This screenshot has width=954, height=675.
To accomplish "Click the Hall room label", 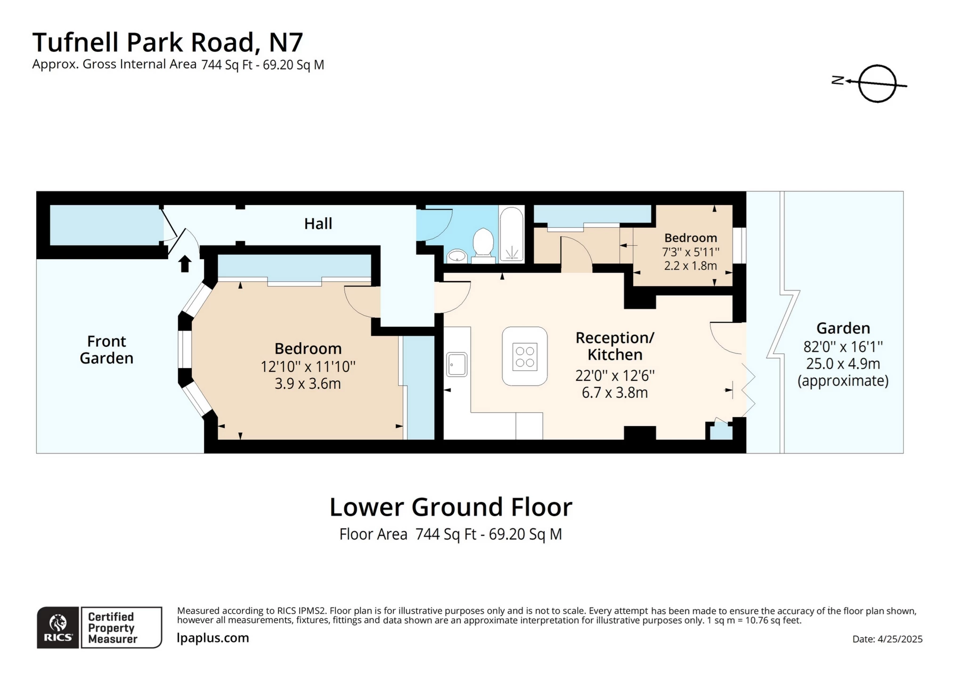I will pyautogui.click(x=318, y=223).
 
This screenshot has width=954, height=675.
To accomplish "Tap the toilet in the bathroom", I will pyautogui.click(x=483, y=244).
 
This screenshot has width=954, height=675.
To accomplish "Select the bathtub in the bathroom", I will pyautogui.click(x=512, y=233).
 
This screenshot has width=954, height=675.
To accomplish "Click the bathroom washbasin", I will pyautogui.click(x=457, y=256).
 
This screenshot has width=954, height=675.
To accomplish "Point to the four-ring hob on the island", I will pyautogui.click(x=525, y=357).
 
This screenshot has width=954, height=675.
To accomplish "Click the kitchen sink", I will pyautogui.click(x=457, y=365).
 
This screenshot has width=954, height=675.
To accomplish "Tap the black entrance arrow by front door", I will pyautogui.click(x=185, y=263).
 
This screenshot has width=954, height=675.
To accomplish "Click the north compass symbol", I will pyautogui.click(x=876, y=83).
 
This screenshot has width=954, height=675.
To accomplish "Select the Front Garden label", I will pyautogui.click(x=106, y=349).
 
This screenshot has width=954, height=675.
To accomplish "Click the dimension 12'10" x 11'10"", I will pyautogui.click(x=308, y=366).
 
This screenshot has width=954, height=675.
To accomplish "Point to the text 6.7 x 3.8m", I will pyautogui.click(x=614, y=393).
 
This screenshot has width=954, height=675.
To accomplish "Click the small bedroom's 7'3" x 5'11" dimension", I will pyautogui.click(x=691, y=252).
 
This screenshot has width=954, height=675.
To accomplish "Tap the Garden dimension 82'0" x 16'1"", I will pyautogui.click(x=843, y=346).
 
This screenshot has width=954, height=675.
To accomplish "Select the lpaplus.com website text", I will pyautogui.click(x=213, y=638).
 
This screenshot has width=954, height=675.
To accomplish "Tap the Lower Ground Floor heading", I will pyautogui.click(x=450, y=507).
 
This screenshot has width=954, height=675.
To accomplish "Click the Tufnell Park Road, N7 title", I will pyautogui.click(x=167, y=42).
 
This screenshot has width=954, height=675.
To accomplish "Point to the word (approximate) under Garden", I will pyautogui.click(x=843, y=380).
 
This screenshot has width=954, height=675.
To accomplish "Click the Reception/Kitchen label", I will pyautogui.click(x=614, y=346).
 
